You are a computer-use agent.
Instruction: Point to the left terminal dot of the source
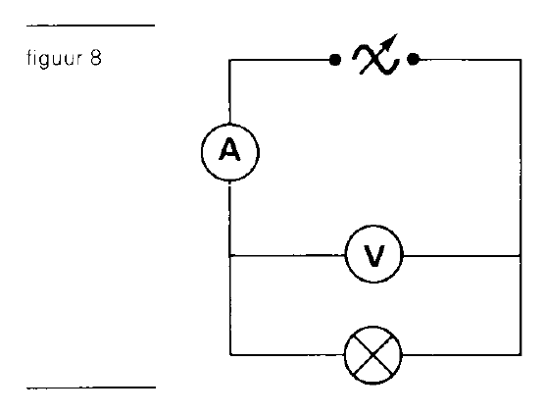[335, 60]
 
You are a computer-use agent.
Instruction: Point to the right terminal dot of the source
[413, 60]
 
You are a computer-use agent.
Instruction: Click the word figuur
[54, 58]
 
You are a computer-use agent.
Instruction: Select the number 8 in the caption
[95, 58]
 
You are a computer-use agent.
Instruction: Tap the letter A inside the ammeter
[229, 149]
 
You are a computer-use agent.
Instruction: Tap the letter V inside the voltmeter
[374, 255]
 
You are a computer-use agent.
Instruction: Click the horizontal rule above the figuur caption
[90, 26]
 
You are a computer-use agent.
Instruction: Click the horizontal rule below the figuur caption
[91, 388]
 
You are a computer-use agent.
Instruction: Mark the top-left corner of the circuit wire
[229, 60]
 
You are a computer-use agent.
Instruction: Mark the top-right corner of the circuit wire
[521, 60]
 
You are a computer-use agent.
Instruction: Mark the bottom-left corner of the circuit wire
[230, 355]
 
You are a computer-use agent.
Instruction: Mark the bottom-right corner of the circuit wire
[521, 355]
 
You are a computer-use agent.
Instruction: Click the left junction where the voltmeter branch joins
[229, 256]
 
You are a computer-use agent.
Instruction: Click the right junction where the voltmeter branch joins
[521, 256]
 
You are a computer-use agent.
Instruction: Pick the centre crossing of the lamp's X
[372, 355]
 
